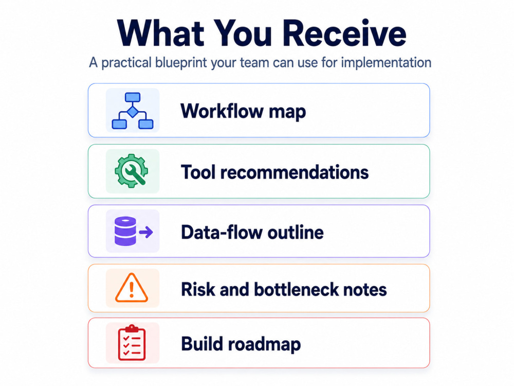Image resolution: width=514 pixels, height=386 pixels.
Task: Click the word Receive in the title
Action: click(344, 33)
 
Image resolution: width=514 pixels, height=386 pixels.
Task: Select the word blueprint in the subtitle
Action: click(181, 63)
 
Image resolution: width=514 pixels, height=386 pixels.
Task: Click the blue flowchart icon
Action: click(133, 111)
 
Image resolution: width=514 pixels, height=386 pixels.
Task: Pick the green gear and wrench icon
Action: click(132, 171)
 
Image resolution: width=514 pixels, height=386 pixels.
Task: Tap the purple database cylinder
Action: click(125, 231)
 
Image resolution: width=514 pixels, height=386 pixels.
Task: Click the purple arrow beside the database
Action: click(146, 232)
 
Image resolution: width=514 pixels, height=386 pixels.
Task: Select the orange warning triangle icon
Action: click(132, 288)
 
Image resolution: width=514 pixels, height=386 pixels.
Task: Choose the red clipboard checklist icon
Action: click(132, 343)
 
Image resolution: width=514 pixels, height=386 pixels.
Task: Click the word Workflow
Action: click(222, 111)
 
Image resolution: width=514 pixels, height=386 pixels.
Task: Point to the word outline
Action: click(296, 233)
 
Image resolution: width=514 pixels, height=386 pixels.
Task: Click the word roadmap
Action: click(264, 344)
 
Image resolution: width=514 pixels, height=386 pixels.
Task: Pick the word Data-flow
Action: click(222, 233)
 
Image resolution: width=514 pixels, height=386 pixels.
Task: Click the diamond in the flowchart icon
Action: click(133, 112)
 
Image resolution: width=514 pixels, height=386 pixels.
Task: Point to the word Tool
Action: click(198, 172)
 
